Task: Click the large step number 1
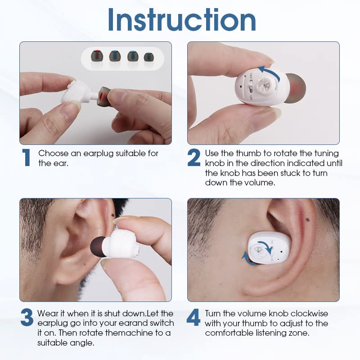[27, 157]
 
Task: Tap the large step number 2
[194, 157]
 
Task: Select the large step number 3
[27, 318]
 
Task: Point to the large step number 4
[193, 318]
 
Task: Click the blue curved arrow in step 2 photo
[269, 72]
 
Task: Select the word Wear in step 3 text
[47, 313]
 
